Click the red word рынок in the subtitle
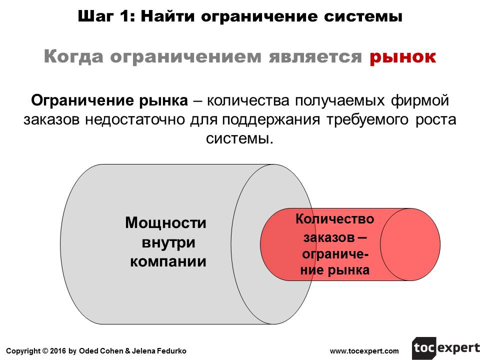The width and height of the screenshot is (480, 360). [x=402, y=57]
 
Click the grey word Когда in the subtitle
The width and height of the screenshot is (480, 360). [x=73, y=57]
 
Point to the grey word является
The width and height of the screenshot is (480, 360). [x=315, y=57]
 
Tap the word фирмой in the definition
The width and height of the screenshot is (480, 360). [x=420, y=100]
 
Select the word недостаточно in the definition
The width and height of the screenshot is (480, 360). [x=135, y=119]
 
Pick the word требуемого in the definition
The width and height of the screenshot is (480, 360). [x=367, y=120]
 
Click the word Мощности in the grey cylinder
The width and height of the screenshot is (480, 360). [x=165, y=223]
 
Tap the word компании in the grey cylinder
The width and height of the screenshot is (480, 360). [x=168, y=262]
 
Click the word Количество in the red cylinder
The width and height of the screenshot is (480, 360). [x=334, y=219]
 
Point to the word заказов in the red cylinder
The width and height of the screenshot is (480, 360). [x=329, y=237]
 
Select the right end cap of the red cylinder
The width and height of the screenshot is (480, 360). [x=410, y=244]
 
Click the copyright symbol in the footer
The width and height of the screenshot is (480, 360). [x=45, y=351]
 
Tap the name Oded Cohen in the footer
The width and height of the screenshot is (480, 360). [x=101, y=351]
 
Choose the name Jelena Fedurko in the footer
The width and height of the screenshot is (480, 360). [x=159, y=351]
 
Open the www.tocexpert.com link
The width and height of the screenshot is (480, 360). [x=364, y=351]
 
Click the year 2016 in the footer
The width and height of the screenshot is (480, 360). [x=58, y=351]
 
